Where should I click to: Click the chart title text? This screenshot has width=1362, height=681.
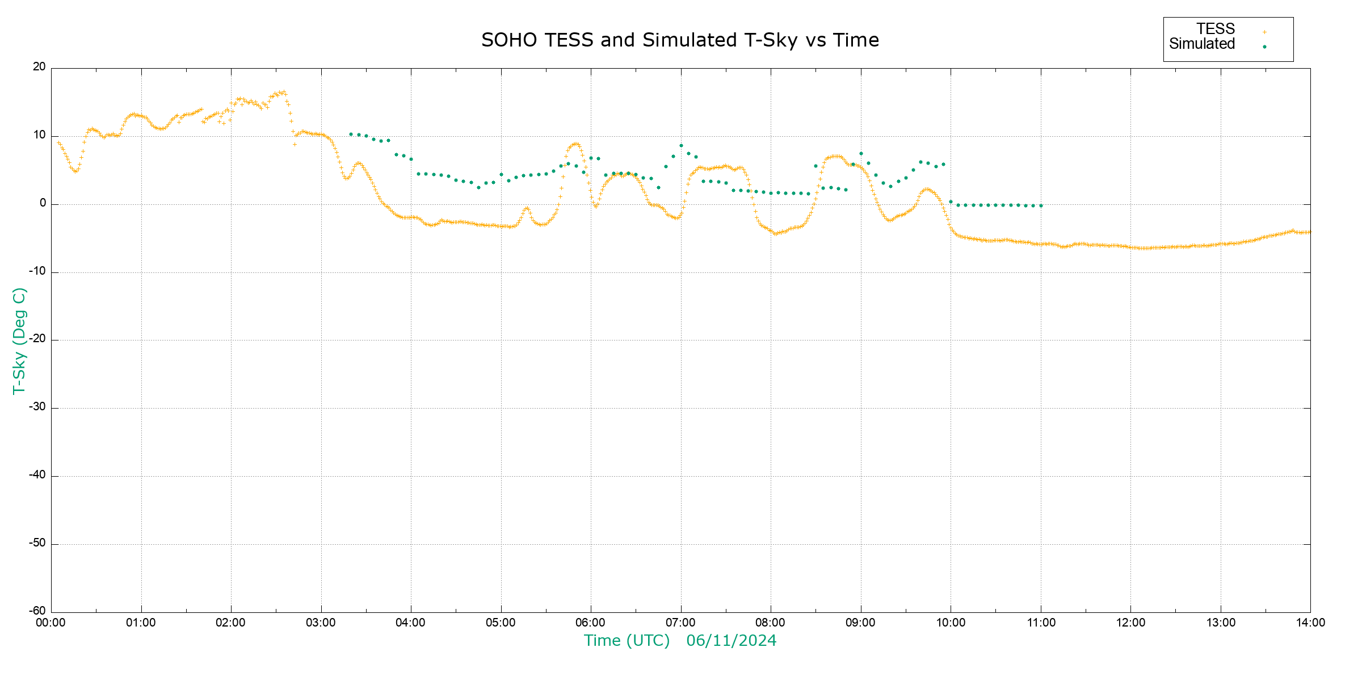tap(680, 40)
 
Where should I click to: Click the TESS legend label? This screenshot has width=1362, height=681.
tap(1216, 29)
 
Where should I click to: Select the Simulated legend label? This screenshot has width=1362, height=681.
tap(1202, 44)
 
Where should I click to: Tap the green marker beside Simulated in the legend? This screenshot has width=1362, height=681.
tap(1264, 47)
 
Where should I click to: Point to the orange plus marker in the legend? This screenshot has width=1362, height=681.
tap(1264, 32)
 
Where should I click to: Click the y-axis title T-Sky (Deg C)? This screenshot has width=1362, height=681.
tap(19, 340)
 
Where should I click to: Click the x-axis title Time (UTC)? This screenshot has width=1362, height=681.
tap(627, 641)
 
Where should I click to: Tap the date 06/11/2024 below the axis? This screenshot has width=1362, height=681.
tap(731, 641)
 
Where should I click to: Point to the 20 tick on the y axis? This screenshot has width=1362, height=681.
tap(39, 67)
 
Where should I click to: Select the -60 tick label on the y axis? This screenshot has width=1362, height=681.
tap(37, 611)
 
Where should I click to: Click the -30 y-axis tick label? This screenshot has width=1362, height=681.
tap(37, 407)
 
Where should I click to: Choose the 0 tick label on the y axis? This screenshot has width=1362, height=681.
tap(43, 203)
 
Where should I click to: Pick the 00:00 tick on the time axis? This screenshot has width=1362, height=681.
tap(51, 623)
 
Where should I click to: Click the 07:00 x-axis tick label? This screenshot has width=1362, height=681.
tap(680, 623)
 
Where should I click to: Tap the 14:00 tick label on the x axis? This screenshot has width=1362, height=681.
tap(1310, 623)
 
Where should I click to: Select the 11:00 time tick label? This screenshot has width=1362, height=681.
tap(1041, 623)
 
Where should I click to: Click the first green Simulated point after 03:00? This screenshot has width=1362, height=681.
tap(351, 134)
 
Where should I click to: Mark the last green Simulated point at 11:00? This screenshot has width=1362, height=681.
tap(1041, 205)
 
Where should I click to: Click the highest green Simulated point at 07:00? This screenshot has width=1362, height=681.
tap(681, 146)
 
